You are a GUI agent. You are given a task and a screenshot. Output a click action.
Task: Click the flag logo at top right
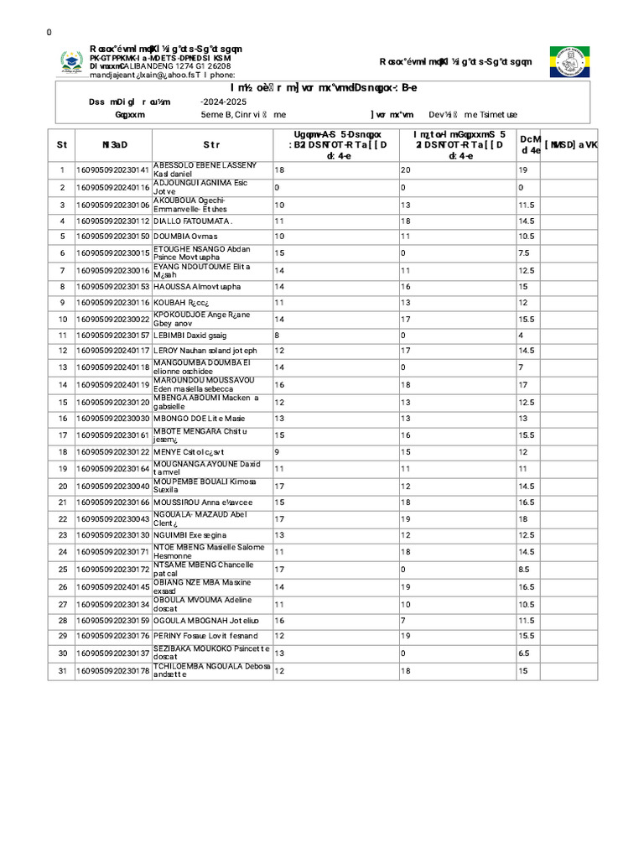[569, 62]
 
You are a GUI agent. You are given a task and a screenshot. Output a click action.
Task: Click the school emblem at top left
[71, 62]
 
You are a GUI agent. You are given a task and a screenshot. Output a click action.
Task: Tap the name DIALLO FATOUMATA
[192, 221]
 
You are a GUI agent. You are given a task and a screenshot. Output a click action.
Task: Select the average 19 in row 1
[522, 170]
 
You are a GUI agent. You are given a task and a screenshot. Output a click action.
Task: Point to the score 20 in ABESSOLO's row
[406, 170]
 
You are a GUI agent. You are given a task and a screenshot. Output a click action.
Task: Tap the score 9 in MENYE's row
[277, 451]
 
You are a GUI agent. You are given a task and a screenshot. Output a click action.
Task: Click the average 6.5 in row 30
[524, 653]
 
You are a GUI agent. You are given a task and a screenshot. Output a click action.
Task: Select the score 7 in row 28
[403, 621]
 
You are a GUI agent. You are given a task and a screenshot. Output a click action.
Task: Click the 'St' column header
[61, 144]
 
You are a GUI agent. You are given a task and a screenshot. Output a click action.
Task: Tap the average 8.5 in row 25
[524, 570]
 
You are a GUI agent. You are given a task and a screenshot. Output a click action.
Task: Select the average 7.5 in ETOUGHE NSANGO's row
[523, 252]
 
